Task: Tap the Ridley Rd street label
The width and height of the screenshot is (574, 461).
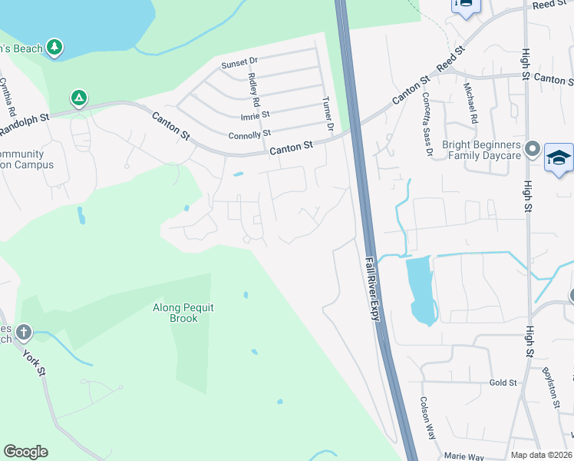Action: click(x=254, y=88)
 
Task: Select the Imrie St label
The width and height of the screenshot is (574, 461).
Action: click(x=255, y=114)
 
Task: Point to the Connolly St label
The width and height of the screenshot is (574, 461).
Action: click(x=250, y=134)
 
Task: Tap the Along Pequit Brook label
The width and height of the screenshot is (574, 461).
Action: click(x=183, y=313)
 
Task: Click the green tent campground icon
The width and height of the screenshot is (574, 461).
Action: click(x=78, y=98)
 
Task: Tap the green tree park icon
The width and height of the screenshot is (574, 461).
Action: click(x=54, y=48)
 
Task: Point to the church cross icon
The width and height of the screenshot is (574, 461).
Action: click(x=24, y=333)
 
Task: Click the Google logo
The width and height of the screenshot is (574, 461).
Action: click(x=25, y=452)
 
